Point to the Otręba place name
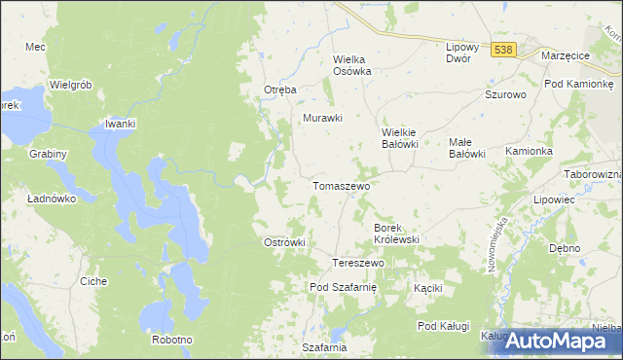click(x=280, y=90)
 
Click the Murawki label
click(x=323, y=119)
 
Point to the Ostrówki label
click(x=285, y=242)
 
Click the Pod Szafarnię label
click(x=348, y=287)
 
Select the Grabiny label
click(x=48, y=154)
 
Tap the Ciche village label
click(x=93, y=281)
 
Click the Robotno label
click(x=172, y=340)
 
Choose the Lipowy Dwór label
click(x=458, y=53)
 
